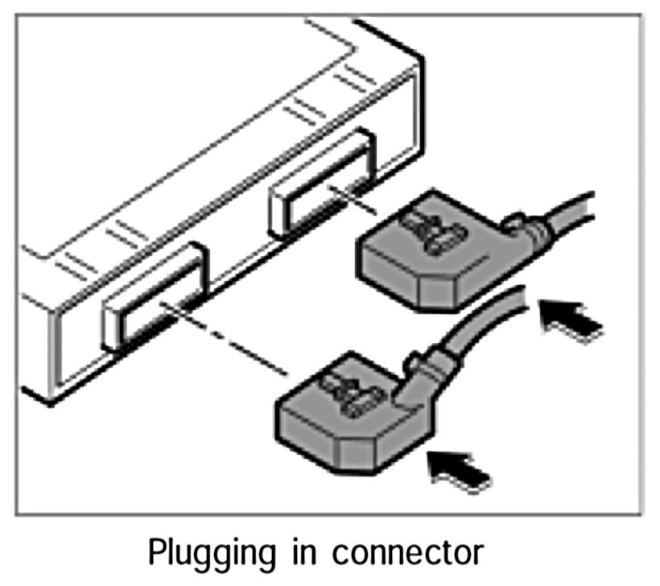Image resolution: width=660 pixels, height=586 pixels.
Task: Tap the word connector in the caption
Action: tap(410, 555)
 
